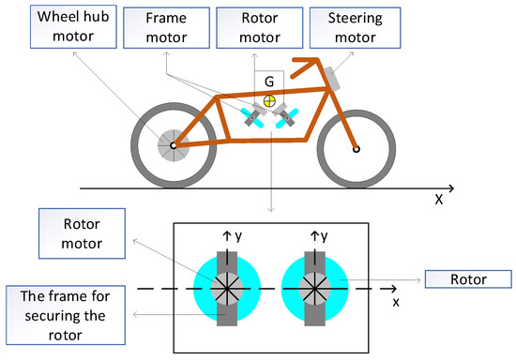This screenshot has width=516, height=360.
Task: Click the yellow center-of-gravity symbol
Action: click(x=270, y=99)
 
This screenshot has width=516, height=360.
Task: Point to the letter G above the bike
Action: click(x=270, y=82)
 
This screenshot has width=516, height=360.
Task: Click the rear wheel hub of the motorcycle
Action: click(x=173, y=145)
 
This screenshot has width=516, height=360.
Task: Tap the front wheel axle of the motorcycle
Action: click(x=355, y=147)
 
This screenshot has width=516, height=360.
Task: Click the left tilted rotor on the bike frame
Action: click(x=253, y=117)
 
